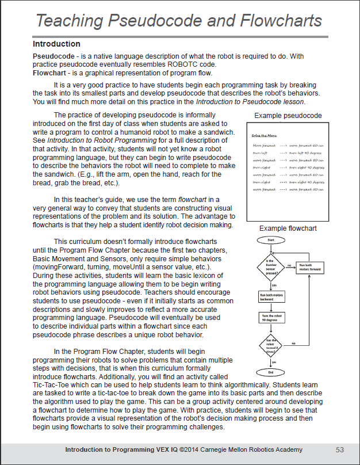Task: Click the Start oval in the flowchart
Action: coord(270,239)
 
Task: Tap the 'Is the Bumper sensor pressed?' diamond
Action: coord(270,268)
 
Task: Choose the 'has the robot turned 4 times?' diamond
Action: coord(270,345)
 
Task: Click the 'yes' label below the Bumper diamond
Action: coord(274,284)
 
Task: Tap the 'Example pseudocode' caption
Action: coord(288,116)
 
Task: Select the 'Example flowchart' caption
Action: coord(288,228)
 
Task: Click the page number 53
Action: coord(340,449)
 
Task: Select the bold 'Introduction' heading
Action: coord(56,44)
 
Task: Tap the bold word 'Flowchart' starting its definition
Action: coord(51,73)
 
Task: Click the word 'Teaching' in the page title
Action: coord(73,21)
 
